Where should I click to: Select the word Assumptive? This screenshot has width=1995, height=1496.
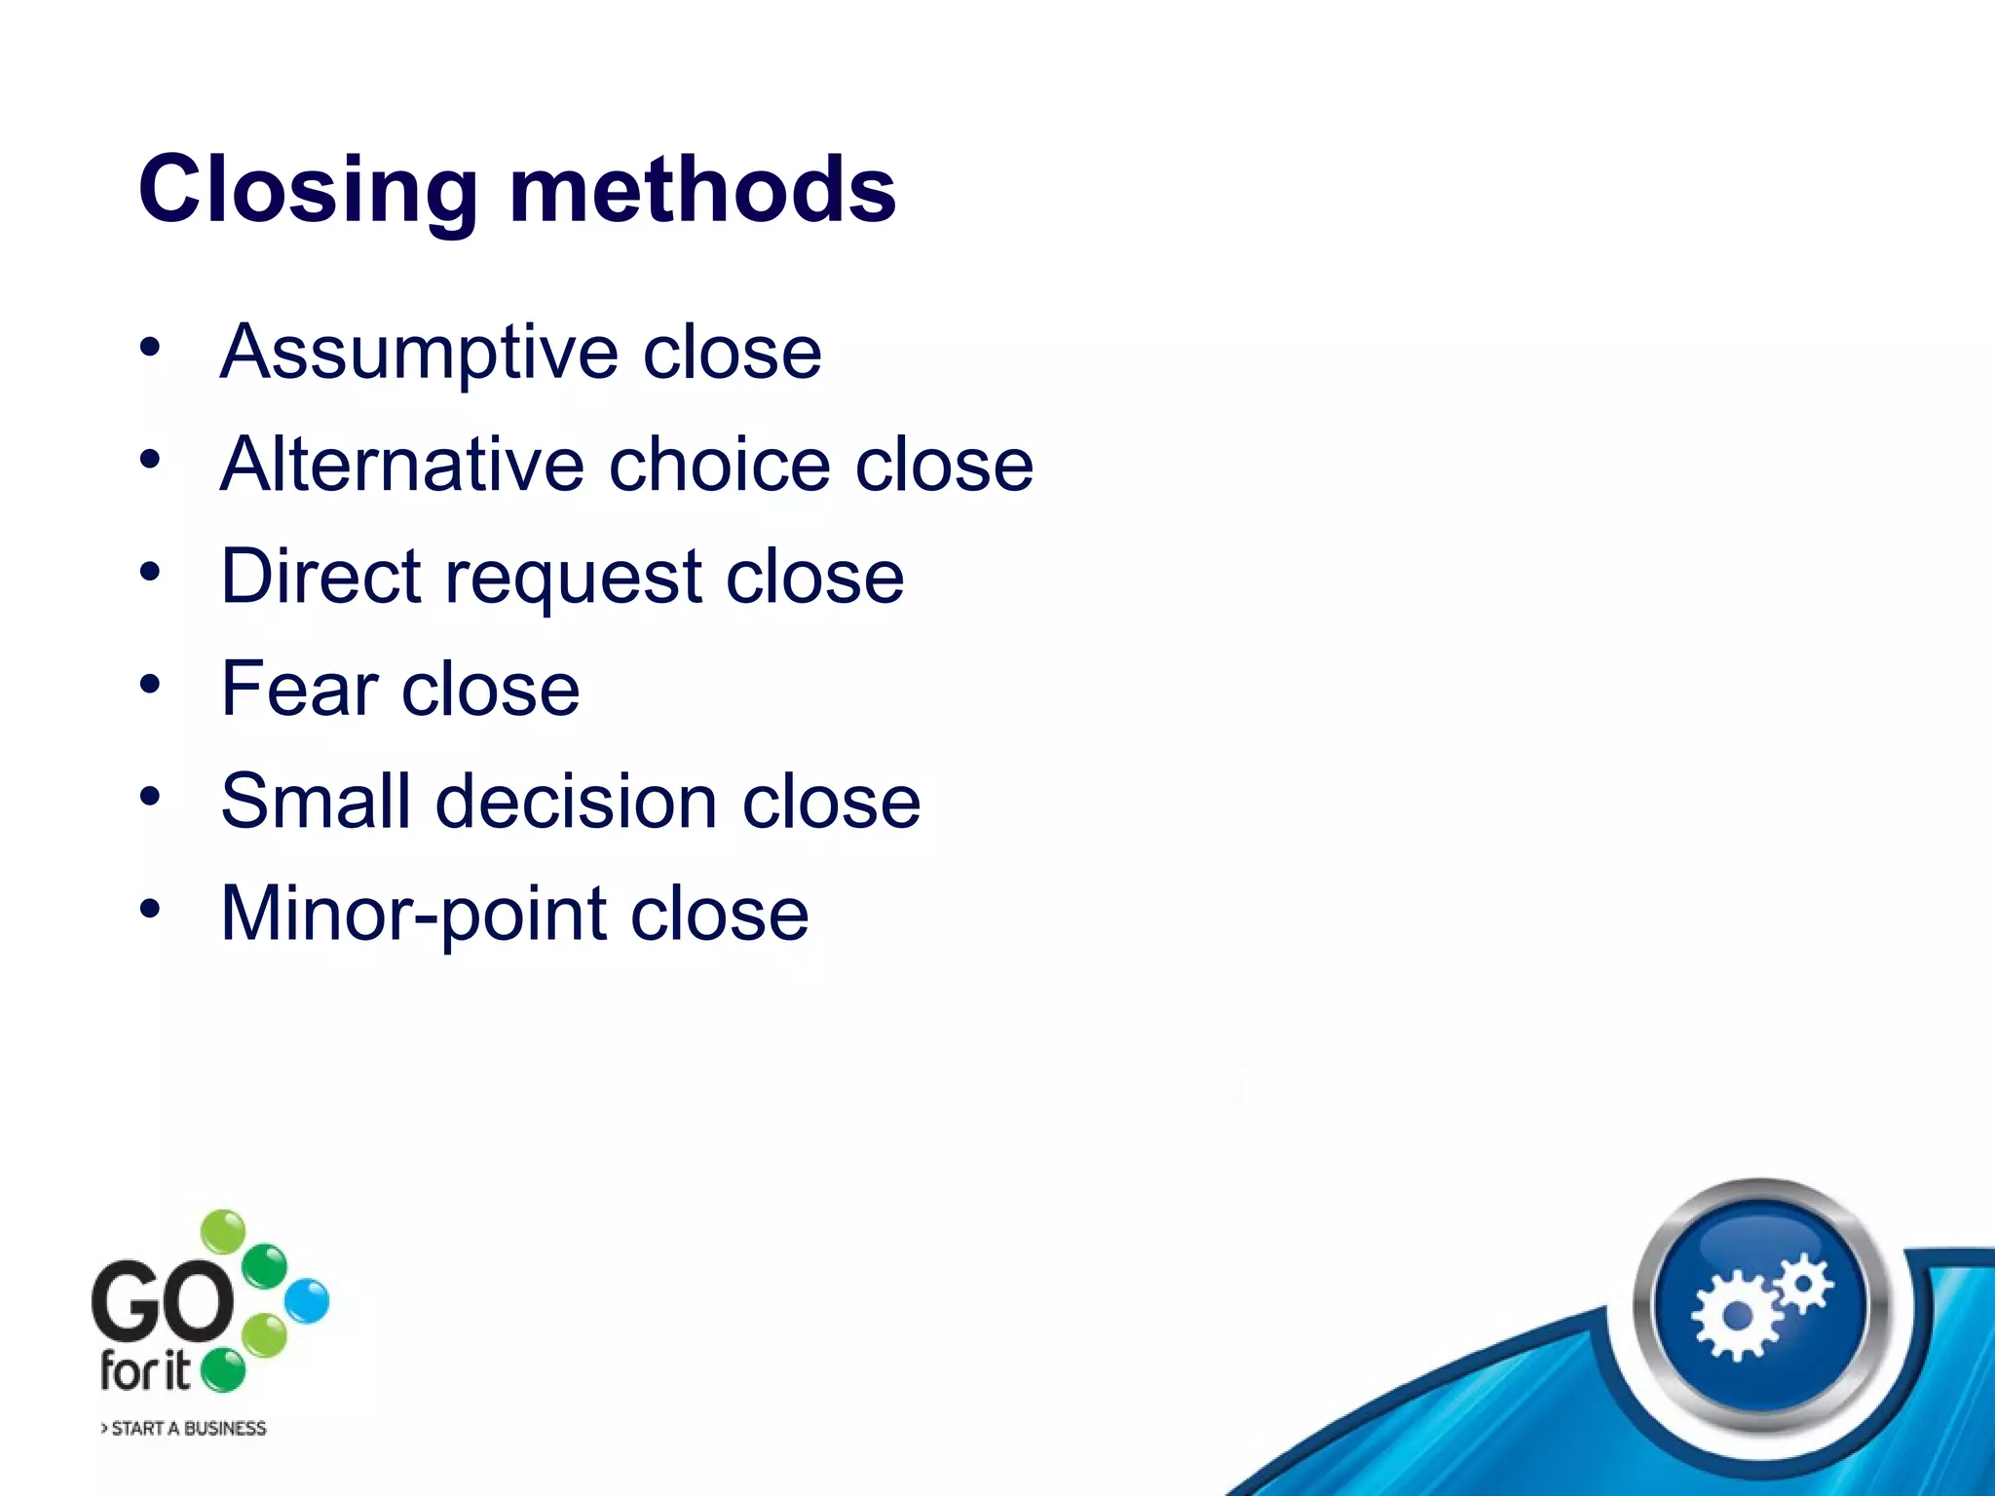(x=419, y=353)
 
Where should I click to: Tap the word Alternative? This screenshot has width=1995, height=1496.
(x=401, y=465)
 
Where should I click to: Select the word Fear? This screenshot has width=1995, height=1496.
(x=299, y=689)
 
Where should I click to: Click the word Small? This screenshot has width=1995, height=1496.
(x=315, y=801)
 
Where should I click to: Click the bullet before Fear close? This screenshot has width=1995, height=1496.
(x=149, y=685)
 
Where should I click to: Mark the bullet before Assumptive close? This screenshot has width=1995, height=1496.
(x=149, y=348)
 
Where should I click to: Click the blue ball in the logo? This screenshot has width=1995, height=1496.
(x=308, y=1301)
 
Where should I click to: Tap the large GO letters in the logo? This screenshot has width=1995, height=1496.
(x=162, y=1301)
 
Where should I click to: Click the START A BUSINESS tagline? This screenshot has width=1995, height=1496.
(x=184, y=1428)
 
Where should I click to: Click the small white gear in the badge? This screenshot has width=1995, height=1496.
(x=1804, y=1283)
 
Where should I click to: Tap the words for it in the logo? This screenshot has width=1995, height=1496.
(x=144, y=1371)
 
